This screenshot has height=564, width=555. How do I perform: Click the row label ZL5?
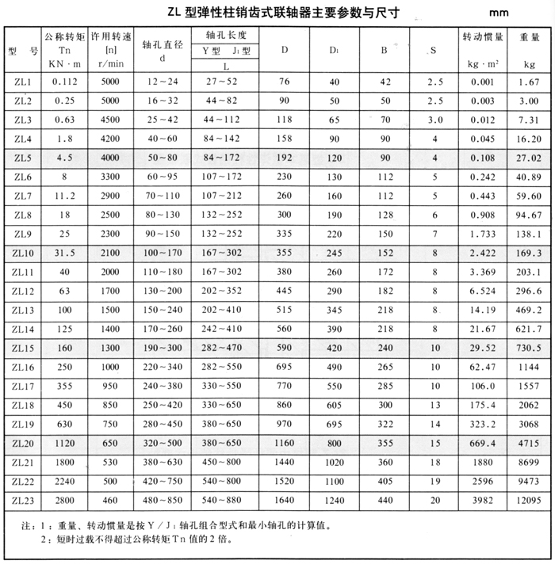point(22,157)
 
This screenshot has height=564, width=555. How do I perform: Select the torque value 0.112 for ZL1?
point(63,82)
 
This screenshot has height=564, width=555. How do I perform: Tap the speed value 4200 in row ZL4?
point(110,138)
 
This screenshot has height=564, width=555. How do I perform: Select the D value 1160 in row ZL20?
point(285,443)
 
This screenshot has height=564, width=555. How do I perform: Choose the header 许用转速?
point(110,36)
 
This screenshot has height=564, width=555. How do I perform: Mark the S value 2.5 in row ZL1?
point(435,82)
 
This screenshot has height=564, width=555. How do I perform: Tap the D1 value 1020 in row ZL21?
point(335,462)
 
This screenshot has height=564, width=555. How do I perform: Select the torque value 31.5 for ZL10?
point(63,251)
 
